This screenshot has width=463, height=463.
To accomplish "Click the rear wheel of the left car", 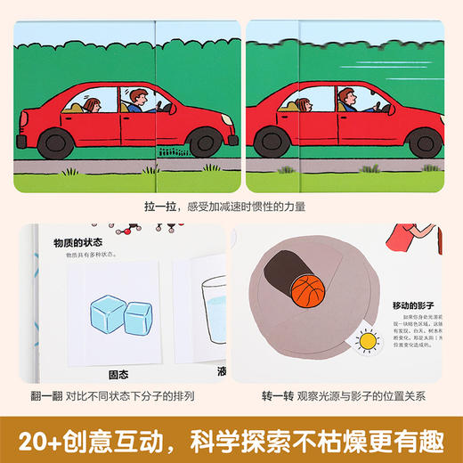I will pyautogui.click(x=57, y=139).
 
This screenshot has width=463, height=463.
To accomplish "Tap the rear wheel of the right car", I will pyautogui.click(x=269, y=140).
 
